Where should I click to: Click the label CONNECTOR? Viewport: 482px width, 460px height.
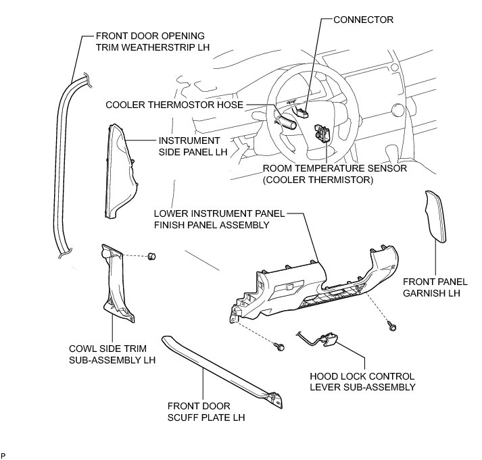tap(363, 20)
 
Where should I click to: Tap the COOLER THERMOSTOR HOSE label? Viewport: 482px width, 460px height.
tap(175, 105)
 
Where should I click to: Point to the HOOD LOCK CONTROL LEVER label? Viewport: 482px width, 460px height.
tap(362, 381)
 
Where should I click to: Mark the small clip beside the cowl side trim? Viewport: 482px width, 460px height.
tap(153, 255)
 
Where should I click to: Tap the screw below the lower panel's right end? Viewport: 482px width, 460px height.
tap(392, 328)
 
